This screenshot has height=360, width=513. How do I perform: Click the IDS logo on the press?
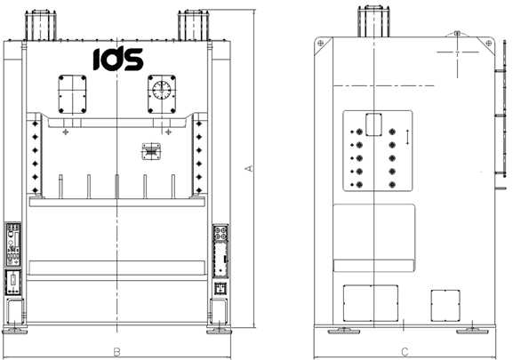(x=118, y=58)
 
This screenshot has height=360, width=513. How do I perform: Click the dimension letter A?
(x=249, y=168)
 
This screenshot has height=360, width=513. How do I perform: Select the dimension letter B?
(x=116, y=352)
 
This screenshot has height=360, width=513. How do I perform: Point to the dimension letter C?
(x=405, y=352)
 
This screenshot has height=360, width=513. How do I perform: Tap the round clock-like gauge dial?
(x=162, y=91)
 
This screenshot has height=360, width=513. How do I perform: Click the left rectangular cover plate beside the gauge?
(x=72, y=94)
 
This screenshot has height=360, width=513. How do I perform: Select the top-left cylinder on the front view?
(x=41, y=25)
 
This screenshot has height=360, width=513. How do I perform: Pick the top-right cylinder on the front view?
(x=193, y=25)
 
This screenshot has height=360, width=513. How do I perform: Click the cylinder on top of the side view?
(x=373, y=21)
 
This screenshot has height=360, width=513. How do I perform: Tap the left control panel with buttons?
(x=13, y=244)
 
